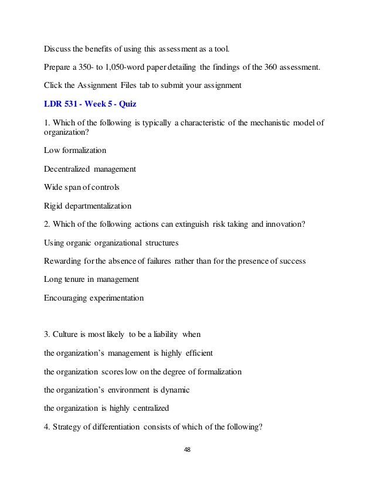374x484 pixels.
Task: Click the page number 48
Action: click(187, 450)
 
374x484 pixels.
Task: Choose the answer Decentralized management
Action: click(90, 170)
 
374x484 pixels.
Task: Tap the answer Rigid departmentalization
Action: click(87, 206)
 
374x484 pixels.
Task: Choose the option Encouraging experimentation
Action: click(93, 297)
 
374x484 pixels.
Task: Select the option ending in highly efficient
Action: click(128, 354)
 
